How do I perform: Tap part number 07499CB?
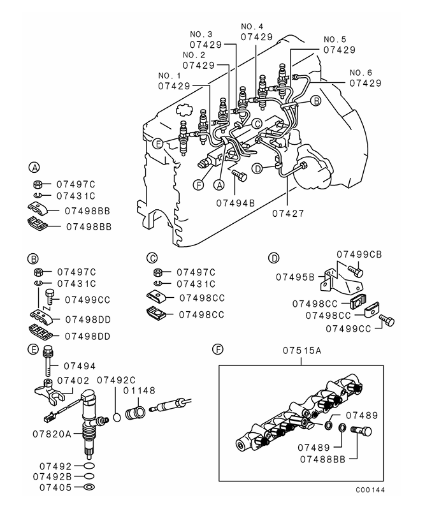[359, 255]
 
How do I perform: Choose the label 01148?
[140, 391]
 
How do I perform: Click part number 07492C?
[116, 379]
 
